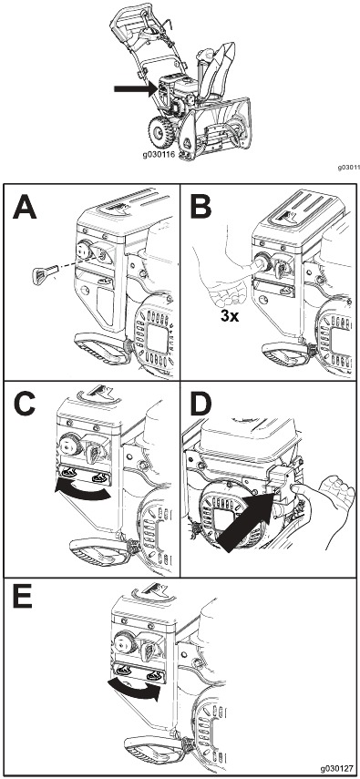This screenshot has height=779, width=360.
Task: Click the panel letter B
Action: click(x=201, y=206)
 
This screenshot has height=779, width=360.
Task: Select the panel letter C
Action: click(x=25, y=404)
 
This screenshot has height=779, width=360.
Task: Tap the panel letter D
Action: click(x=201, y=404)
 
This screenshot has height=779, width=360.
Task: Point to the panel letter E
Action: click(x=23, y=599)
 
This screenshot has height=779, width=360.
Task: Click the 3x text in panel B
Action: click(x=231, y=315)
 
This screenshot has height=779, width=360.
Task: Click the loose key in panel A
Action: click(x=42, y=275)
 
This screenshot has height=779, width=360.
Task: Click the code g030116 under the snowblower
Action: click(x=159, y=155)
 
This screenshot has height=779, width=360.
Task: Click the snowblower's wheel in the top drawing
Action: click(x=160, y=132)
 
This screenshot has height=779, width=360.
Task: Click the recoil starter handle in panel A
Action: click(x=102, y=348)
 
